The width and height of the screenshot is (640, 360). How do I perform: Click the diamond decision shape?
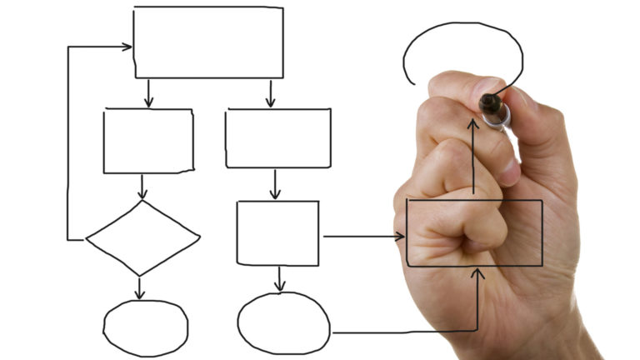tap(143, 238)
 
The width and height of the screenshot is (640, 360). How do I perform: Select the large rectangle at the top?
tap(208, 42)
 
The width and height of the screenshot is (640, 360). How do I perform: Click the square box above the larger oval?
tap(277, 233)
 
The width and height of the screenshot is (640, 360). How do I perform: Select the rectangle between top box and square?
tap(277, 138)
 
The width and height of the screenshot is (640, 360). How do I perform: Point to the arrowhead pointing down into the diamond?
tap(143, 194)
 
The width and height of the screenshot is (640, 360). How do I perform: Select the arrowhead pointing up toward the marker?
tap(473, 122)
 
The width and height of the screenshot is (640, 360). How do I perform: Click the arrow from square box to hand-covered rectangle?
tap(362, 237)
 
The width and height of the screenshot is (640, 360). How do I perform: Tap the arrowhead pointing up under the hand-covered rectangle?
tap(477, 272)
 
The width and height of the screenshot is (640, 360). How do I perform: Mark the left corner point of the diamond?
tap(87, 240)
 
